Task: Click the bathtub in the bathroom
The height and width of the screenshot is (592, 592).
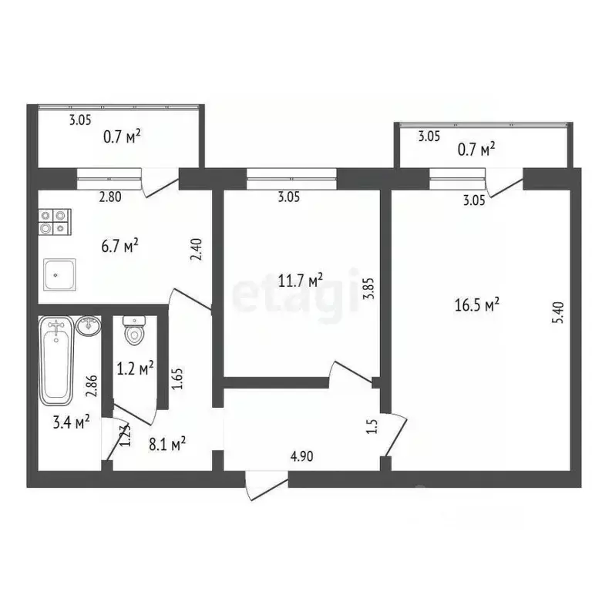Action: [56, 359]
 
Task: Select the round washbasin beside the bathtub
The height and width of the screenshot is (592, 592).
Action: [89, 325]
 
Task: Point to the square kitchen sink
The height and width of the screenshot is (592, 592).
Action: [58, 275]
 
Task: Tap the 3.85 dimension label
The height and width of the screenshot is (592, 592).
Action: [368, 297]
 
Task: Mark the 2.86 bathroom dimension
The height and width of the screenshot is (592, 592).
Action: [92, 385]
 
